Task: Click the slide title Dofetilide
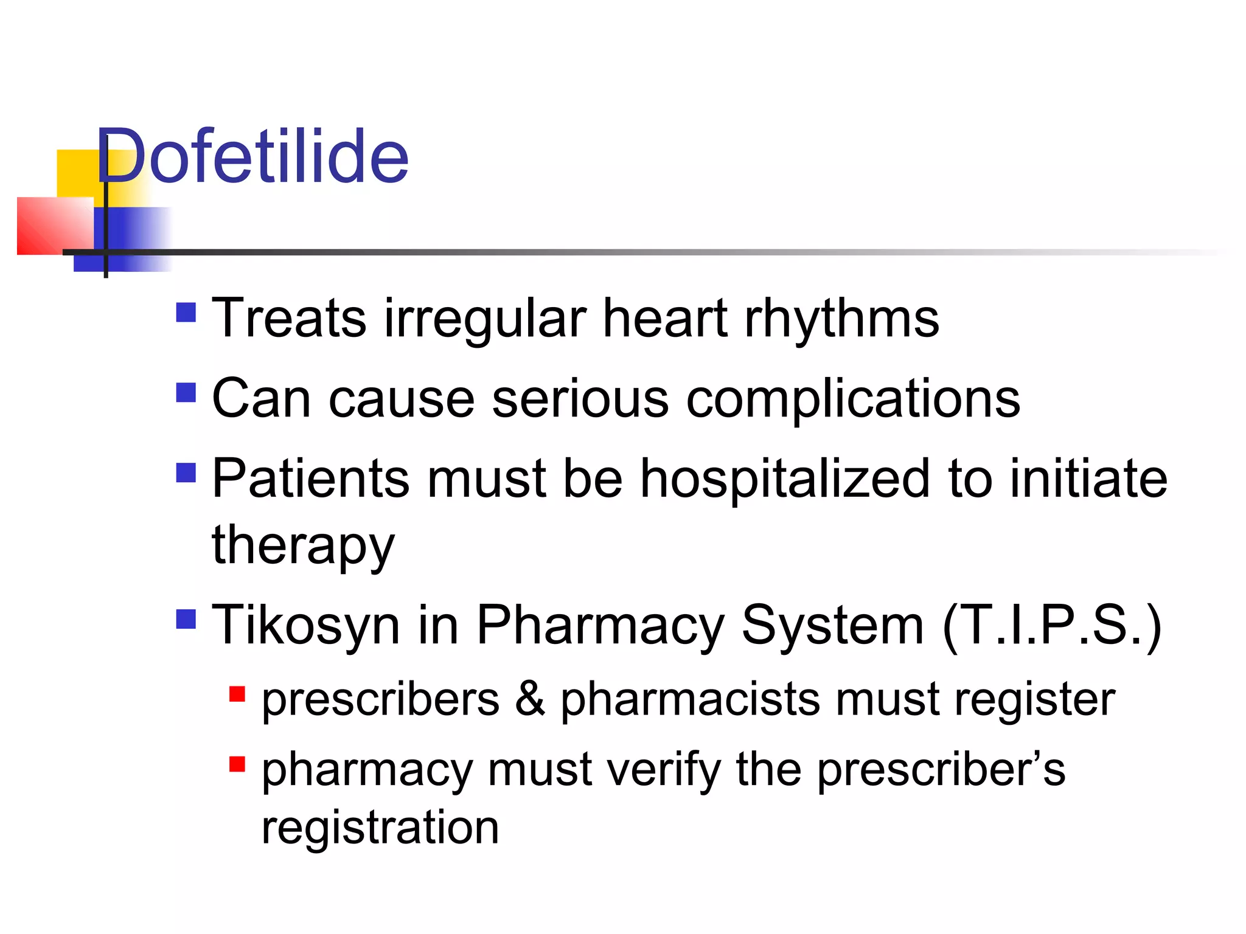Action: pyautogui.click(x=252, y=156)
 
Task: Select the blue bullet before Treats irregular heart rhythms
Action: pyautogui.click(x=186, y=313)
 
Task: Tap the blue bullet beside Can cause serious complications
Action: pyautogui.click(x=186, y=392)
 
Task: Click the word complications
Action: pyautogui.click(x=853, y=400)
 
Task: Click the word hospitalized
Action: pyautogui.click(x=785, y=479)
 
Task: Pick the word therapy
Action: pyautogui.click(x=303, y=545)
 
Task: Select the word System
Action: pyautogui.click(x=833, y=626)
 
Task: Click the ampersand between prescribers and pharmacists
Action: pyautogui.click(x=530, y=699)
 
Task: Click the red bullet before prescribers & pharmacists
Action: pyautogui.click(x=237, y=694)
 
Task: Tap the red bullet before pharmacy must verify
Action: pyautogui.click(x=237, y=764)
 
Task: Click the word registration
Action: pyautogui.click(x=380, y=828)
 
